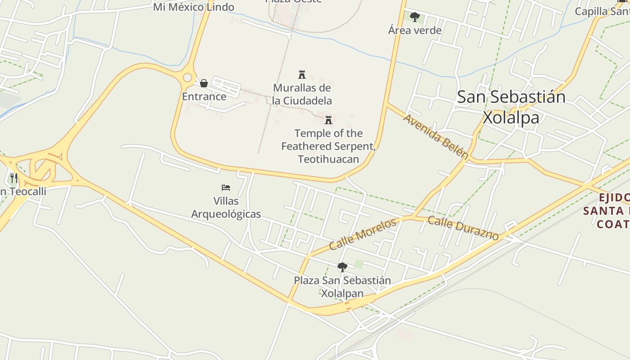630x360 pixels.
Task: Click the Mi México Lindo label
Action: tap(193, 7)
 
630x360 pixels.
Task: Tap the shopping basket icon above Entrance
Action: tap(204, 83)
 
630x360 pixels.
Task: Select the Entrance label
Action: tap(204, 96)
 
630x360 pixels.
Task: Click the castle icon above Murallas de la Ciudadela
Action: tap(302, 74)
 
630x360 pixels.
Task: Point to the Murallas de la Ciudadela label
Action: tap(302, 94)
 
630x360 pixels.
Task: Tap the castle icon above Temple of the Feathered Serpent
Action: tap(328, 120)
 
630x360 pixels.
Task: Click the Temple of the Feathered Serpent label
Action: tap(328, 146)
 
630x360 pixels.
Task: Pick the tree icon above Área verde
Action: tap(415, 17)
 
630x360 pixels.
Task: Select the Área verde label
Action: tap(415, 31)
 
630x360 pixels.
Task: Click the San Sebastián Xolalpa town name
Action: tap(511, 107)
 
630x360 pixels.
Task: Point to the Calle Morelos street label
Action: tap(363, 234)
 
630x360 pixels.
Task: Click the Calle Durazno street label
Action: tap(463, 228)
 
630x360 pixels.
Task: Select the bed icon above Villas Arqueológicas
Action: tap(226, 187)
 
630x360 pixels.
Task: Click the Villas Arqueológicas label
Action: tap(226, 207)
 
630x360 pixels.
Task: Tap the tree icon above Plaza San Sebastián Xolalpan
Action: tap(342, 267)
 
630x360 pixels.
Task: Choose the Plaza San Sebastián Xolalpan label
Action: tap(342, 287)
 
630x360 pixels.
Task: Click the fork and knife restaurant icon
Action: tap(13, 178)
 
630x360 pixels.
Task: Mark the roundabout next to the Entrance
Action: tap(187, 78)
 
